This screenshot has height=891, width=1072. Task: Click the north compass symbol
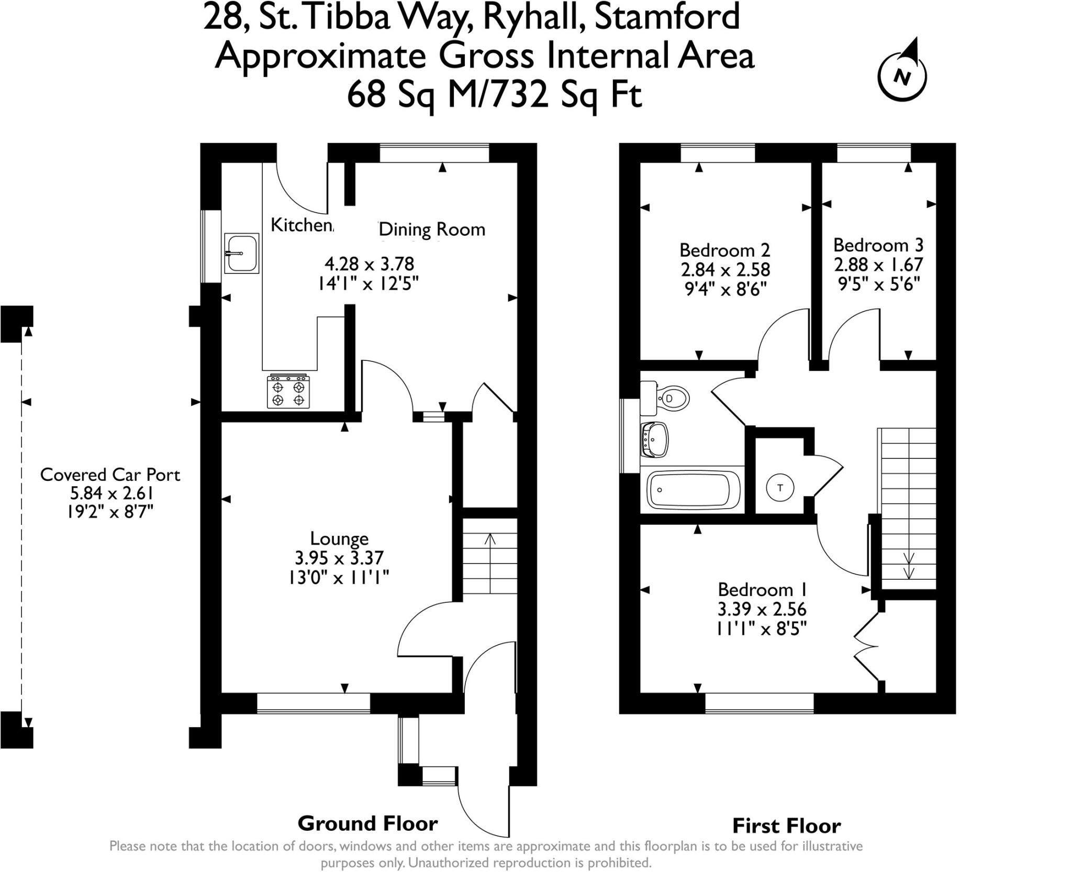pyautogui.click(x=902, y=75)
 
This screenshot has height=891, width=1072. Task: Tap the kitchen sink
pyautogui.click(x=241, y=253)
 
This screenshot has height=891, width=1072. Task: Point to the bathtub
pyautogui.click(x=689, y=490)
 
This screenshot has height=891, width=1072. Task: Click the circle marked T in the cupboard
pyautogui.click(x=780, y=488)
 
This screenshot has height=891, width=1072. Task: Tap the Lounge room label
pyautogui.click(x=339, y=538)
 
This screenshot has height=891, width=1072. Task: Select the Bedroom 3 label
pyautogui.click(x=878, y=245)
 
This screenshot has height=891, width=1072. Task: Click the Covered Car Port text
pyautogui.click(x=110, y=475)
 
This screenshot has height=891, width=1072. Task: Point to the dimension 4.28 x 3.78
pyautogui.click(x=369, y=263)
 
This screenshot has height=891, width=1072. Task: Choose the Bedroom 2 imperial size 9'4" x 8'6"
pyautogui.click(x=725, y=289)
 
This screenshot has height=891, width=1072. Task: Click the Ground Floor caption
pyautogui.click(x=367, y=823)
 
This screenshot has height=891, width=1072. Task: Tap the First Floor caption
pyautogui.click(x=786, y=826)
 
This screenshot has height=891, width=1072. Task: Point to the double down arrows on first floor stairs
pyautogui.click(x=909, y=566)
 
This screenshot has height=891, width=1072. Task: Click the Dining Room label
pyautogui.click(x=432, y=229)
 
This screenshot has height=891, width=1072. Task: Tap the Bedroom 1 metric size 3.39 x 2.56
pyautogui.click(x=762, y=609)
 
